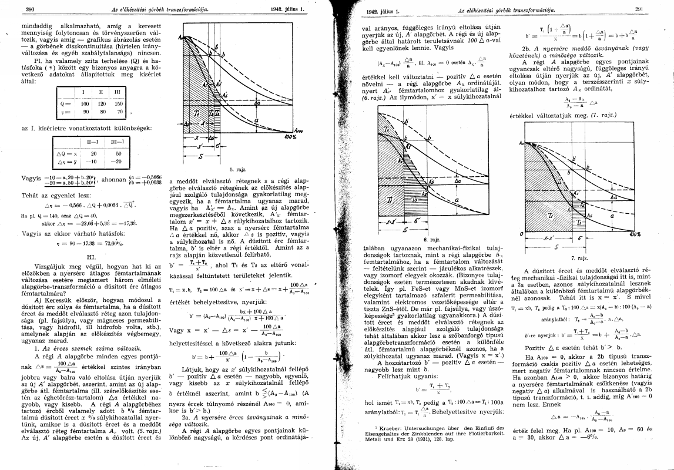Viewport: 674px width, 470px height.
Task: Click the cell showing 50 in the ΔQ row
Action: tap(116, 152)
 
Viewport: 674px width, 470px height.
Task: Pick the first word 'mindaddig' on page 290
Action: tap(36, 26)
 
